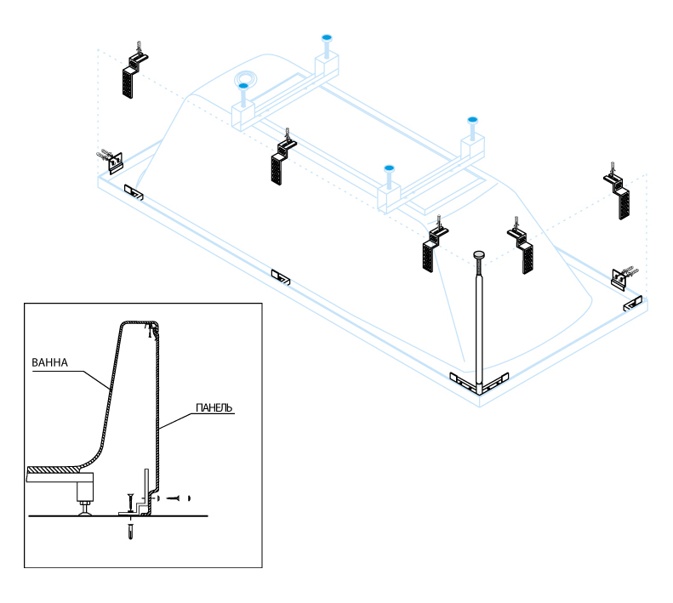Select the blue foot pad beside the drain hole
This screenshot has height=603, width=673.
point(243,86)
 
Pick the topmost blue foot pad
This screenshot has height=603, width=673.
point(326,38)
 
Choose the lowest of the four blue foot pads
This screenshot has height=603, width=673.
point(389,168)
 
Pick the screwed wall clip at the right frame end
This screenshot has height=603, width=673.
point(624,276)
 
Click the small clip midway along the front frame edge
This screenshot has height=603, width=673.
point(280,276)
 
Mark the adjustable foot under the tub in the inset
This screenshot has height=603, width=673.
point(85,498)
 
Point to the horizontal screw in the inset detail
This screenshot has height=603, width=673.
point(174,497)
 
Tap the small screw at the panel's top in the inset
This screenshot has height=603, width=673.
point(151,329)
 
